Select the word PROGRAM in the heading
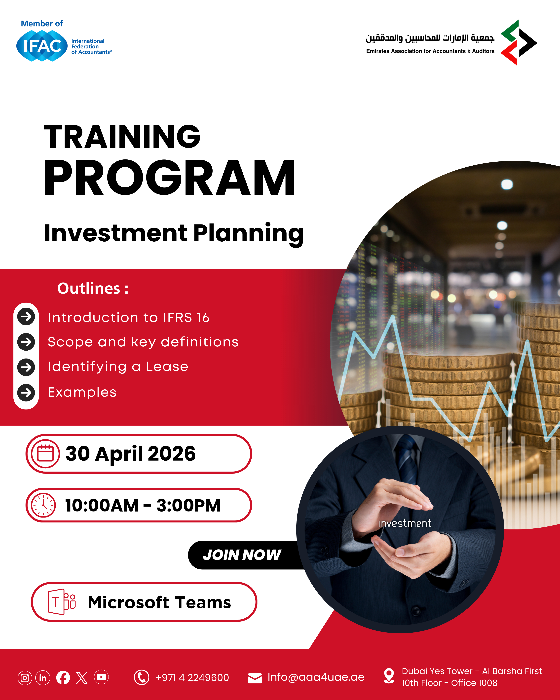pos(169,178)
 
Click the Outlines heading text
pos(93,288)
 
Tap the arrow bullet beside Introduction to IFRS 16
pos(26,317)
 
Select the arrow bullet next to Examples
pos(26,393)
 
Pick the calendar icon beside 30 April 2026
pos(45,454)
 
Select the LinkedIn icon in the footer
pos(43,678)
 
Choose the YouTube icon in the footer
pos(101,677)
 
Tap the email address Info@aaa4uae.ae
pos(316,677)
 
